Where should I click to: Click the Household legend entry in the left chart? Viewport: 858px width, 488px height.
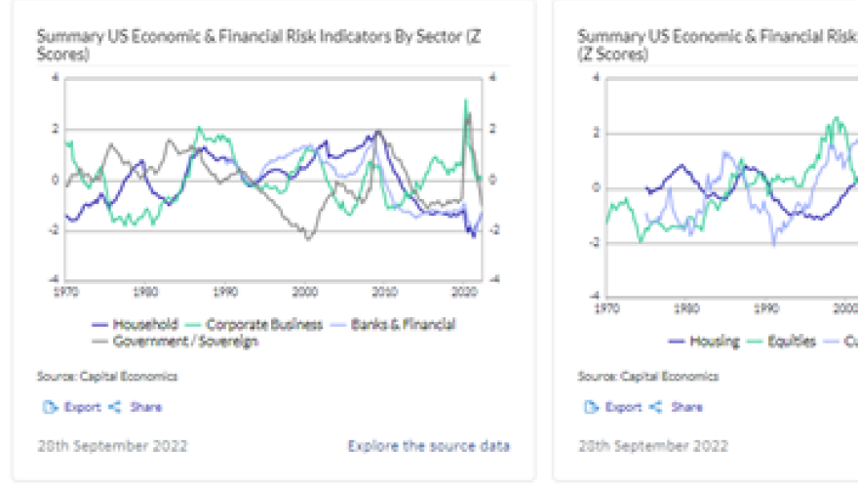(137, 324)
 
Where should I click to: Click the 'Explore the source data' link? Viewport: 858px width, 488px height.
(428, 446)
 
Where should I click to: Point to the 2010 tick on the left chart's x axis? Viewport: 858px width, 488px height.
(385, 291)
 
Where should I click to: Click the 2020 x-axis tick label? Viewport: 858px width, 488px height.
(465, 291)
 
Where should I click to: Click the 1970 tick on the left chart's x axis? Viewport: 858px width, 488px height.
(66, 291)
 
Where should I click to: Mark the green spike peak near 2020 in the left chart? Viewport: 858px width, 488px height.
(465, 100)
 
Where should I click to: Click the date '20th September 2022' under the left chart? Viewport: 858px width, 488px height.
(112, 446)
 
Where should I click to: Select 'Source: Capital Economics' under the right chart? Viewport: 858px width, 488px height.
(647, 376)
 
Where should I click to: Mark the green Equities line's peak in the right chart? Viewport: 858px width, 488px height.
(837, 118)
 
